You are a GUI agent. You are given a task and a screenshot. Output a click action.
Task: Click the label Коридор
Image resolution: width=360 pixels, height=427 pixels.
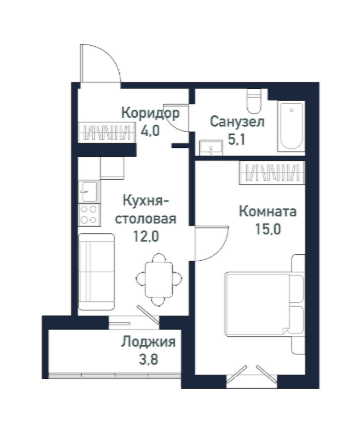point(150,113)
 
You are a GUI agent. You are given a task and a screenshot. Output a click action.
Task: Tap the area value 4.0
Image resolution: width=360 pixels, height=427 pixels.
point(150,129)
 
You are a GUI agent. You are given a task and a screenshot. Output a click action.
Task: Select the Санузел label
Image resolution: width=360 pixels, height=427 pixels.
point(236,121)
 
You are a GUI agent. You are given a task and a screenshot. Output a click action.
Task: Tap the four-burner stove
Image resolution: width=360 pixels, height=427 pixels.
point(87,213)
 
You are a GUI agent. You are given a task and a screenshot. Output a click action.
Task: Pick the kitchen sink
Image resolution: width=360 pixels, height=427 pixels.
point(86,186)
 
